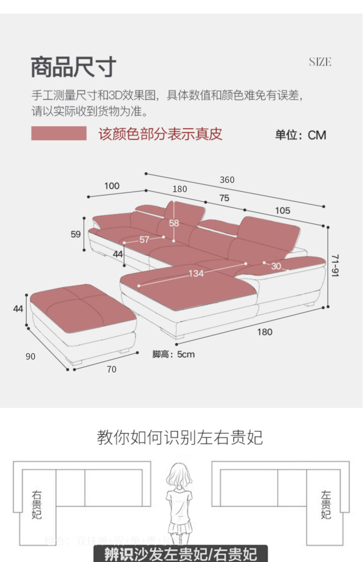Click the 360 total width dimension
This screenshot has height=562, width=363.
click(x=227, y=180)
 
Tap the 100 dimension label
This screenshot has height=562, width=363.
click(x=112, y=186)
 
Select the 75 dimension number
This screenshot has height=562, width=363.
click(x=224, y=198)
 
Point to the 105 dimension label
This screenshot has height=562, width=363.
click(x=282, y=210)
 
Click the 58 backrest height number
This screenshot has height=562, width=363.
click(x=174, y=223)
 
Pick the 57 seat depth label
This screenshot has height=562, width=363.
click(x=144, y=239)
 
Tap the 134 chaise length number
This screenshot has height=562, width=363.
click(x=196, y=273)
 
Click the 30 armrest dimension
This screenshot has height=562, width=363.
click(x=276, y=266)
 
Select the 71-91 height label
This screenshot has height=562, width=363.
click(x=335, y=265)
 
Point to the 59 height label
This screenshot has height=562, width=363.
click(x=76, y=234)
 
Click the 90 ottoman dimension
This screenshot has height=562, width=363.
click(x=30, y=356)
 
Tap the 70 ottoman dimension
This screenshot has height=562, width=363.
click(x=111, y=370)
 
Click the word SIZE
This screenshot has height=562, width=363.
click(x=320, y=62)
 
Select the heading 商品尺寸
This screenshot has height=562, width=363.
click(x=73, y=67)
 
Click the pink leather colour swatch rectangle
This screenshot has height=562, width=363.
click(x=59, y=133)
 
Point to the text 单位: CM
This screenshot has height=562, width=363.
click(x=300, y=135)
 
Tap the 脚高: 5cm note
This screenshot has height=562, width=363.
click(x=174, y=354)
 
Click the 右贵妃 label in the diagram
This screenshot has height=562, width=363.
click(x=37, y=505)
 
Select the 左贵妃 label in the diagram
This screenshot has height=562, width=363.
click(x=326, y=505)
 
